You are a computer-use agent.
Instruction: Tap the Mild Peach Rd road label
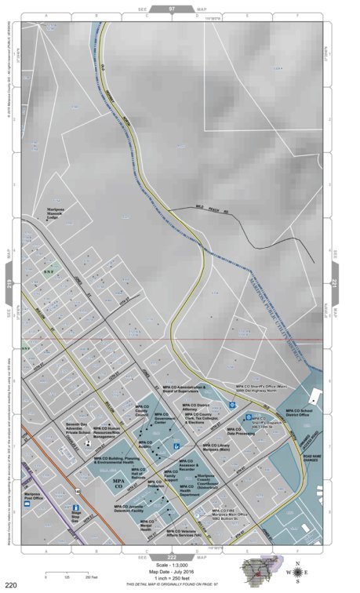[209, 207]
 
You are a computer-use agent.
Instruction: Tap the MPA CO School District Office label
[299, 413]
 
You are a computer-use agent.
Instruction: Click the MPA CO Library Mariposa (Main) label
[208, 447]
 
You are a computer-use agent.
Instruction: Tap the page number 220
[11, 585]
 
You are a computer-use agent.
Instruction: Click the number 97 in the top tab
[171, 6]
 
